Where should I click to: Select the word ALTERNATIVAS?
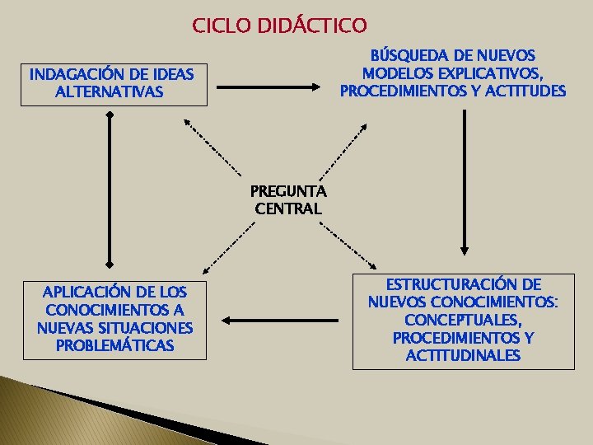coord(110,92)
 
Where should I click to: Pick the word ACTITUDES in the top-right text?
coord(525,91)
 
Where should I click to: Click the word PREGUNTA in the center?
coord(288,191)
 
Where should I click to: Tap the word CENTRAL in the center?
coord(288,209)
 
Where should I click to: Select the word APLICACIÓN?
coord(79,292)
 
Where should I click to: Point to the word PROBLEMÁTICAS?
coord(114,346)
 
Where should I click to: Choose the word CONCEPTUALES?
coord(463,320)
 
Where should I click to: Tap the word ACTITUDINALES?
coord(463,356)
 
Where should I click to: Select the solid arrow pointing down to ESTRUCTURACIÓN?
coord(465,181)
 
